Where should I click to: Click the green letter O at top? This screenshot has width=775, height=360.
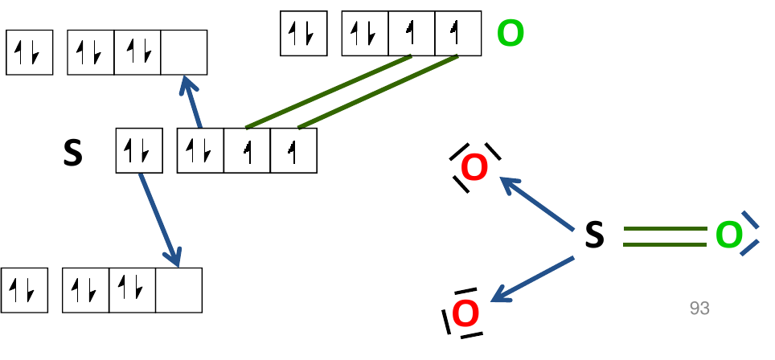click(511, 34)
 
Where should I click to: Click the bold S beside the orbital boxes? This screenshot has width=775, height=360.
click(73, 153)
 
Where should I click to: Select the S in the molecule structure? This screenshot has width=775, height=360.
click(593, 235)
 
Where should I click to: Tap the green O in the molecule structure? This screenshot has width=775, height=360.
click(728, 235)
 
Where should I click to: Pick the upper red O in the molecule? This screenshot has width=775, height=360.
click(474, 169)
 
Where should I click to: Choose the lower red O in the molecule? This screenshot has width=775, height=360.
click(465, 314)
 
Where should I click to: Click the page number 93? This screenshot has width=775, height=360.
click(699, 308)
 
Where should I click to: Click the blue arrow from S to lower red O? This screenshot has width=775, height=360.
click(532, 279)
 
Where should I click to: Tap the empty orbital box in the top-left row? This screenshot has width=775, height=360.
click(184, 53)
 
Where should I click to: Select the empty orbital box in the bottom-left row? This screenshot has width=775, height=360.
click(178, 290)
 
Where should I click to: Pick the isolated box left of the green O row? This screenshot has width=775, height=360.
click(303, 34)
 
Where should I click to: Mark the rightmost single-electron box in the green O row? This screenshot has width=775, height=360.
click(457, 34)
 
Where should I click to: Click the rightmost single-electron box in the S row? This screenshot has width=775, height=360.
click(293, 151)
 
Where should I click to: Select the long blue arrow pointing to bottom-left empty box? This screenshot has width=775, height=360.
click(159, 218)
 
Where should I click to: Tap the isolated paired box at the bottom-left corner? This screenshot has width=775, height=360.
click(25, 290)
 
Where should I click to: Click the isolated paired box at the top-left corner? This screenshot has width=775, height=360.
click(30, 53)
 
